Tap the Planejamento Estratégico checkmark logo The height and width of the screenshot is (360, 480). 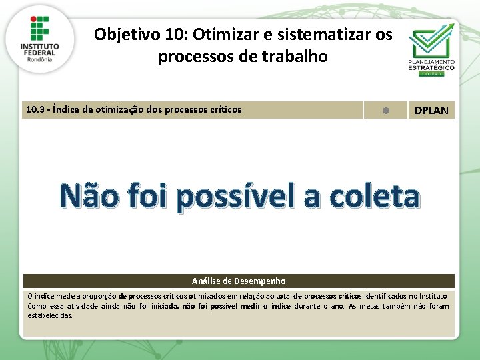431,40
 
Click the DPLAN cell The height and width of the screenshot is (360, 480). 431,110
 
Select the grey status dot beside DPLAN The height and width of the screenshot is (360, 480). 385,110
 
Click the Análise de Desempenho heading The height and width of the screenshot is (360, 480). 239,281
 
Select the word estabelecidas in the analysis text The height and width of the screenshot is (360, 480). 50,315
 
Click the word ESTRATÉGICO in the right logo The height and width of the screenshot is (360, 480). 431,67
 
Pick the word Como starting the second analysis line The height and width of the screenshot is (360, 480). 37,305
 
